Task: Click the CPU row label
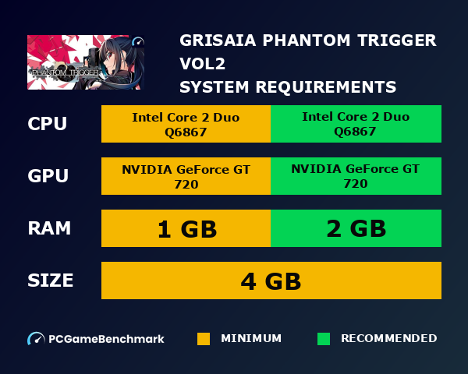click(x=47, y=124)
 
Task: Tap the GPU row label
click(x=48, y=177)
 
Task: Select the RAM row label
click(x=49, y=228)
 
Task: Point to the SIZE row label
click(x=51, y=280)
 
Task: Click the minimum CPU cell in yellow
click(x=186, y=124)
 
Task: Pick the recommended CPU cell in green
click(x=356, y=124)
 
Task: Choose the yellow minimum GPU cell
click(x=186, y=176)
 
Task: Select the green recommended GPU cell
click(x=356, y=176)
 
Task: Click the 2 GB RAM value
click(x=356, y=228)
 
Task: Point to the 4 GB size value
click(x=271, y=280)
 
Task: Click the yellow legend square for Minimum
click(x=204, y=339)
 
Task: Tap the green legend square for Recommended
click(x=324, y=339)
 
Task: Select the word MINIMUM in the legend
click(x=251, y=339)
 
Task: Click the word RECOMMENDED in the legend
click(x=388, y=339)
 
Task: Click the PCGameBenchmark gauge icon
click(x=36, y=339)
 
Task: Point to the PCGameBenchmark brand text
click(x=106, y=339)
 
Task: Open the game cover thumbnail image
click(x=86, y=62)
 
